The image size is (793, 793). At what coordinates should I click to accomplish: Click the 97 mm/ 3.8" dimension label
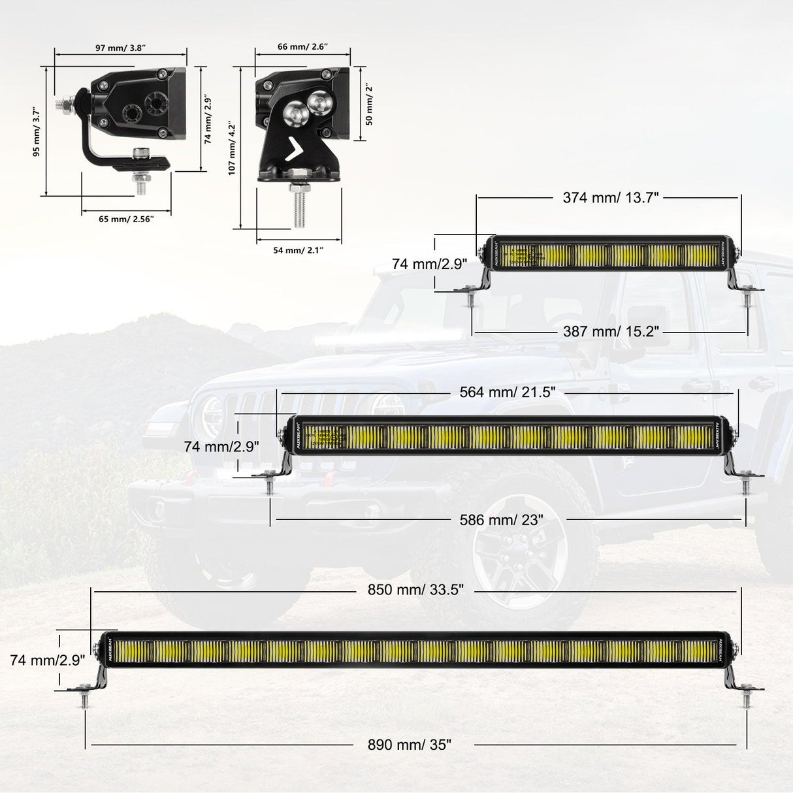tap(120, 48)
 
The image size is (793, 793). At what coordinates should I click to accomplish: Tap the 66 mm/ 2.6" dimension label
tap(302, 47)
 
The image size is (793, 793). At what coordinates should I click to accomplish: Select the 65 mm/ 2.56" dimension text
tap(125, 219)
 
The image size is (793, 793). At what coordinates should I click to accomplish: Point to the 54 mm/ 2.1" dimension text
tap(298, 250)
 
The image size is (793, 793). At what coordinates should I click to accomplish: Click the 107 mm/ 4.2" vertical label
tap(231, 148)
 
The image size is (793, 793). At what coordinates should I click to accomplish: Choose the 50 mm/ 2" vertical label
tap(369, 104)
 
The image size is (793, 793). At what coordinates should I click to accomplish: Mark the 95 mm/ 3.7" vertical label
tap(37, 133)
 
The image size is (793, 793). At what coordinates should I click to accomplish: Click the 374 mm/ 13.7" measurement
tap(611, 198)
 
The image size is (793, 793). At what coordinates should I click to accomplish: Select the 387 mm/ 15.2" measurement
tap(611, 332)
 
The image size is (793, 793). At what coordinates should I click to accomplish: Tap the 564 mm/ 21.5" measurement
tap(508, 392)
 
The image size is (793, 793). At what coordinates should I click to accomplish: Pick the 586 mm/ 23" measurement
tap(501, 520)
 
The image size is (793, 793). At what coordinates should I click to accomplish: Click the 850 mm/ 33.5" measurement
tap(415, 590)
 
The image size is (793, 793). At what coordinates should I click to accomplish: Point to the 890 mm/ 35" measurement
tap(409, 745)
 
